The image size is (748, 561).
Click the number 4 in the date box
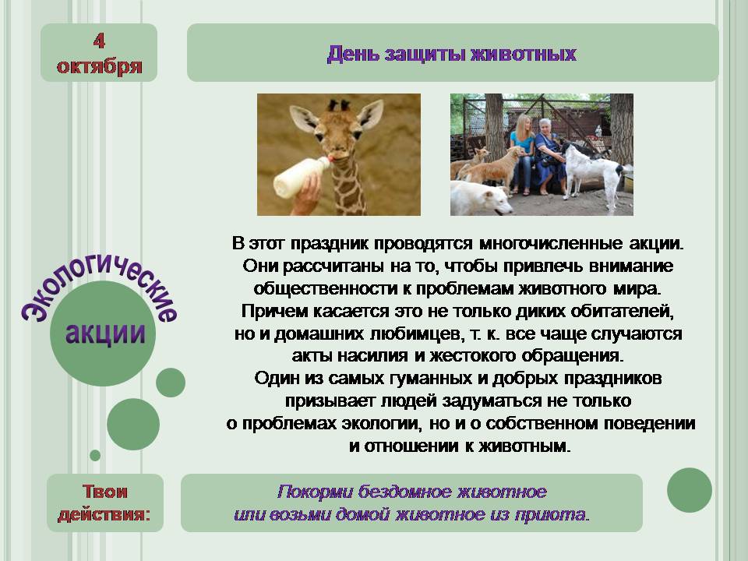(x=99, y=41)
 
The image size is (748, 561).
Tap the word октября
(x=99, y=66)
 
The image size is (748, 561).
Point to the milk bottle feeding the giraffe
(x=300, y=178)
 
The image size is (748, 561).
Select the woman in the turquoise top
(x=522, y=153)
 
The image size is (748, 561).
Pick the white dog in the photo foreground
(x=481, y=199)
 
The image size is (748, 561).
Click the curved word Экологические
(x=99, y=286)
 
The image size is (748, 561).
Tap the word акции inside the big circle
(x=105, y=333)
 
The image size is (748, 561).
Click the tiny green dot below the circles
(x=95, y=455)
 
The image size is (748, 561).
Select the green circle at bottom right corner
(x=690, y=490)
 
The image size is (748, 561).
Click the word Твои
(x=105, y=492)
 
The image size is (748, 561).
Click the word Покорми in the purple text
(x=315, y=492)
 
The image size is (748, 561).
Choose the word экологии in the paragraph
(x=381, y=424)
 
